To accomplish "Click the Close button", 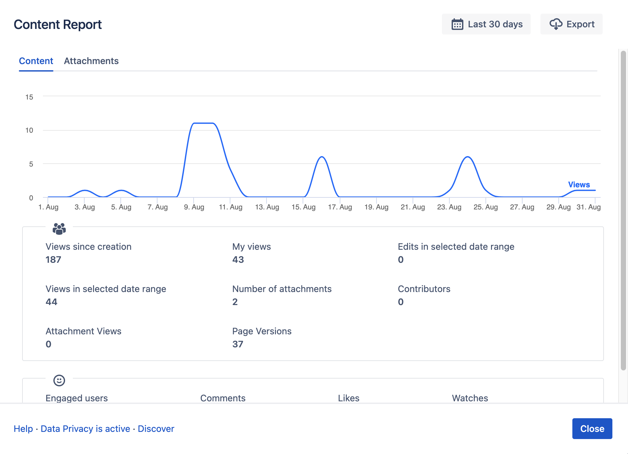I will click(592, 429).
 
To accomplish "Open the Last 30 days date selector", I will click(486, 24).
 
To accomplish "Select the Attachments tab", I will click(91, 61).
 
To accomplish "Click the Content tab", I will click(36, 61).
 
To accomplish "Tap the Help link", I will click(23, 429).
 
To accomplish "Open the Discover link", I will click(156, 429).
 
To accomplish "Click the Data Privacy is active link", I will click(85, 429).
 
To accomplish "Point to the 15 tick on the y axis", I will click(29, 97).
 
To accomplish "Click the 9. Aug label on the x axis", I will click(194, 207).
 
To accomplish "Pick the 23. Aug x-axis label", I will click(449, 207).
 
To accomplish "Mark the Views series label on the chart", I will click(579, 185).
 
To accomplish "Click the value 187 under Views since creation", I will click(53, 260).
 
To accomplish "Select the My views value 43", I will click(238, 260).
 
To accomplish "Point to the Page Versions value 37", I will click(238, 344).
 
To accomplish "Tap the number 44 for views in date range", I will click(51, 302).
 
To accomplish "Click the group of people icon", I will click(59, 229).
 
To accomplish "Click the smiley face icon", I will click(59, 380).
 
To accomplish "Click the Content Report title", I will click(58, 25).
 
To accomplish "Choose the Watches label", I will click(470, 398).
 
